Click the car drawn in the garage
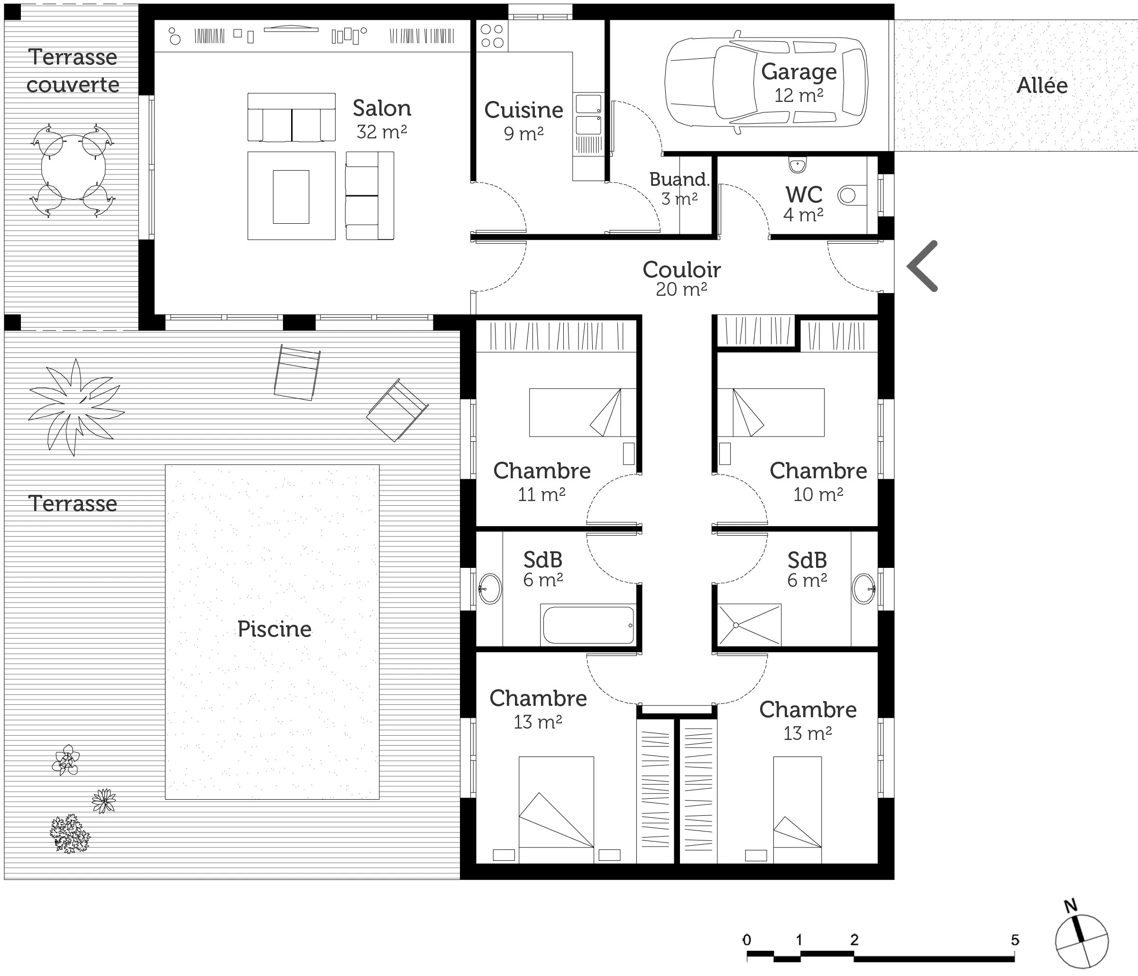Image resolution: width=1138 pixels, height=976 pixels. tap(766, 82)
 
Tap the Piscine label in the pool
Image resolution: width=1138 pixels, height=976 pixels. tap(274, 629)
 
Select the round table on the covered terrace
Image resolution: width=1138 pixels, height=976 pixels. tap(73, 170)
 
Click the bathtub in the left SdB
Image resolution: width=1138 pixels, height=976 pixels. tap(587, 625)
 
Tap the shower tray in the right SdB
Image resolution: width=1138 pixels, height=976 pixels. tap(749, 625)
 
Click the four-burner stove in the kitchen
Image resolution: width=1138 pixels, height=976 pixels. tap(492, 36)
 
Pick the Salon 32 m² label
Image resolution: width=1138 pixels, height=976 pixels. tap(382, 119)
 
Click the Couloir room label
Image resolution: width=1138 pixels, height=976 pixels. tap(681, 270)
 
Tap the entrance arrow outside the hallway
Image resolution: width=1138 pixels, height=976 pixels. tap(922, 266)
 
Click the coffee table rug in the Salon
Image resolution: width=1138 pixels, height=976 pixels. tap(291, 196)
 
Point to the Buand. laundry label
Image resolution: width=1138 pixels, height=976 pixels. tap(679, 179)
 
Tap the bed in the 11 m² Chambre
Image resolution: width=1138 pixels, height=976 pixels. tap(582, 412)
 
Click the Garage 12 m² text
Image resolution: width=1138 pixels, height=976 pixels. tap(798, 83)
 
